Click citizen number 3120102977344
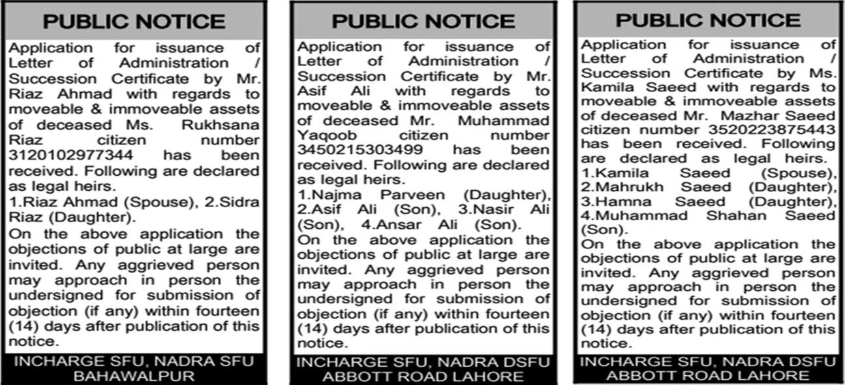[x=71, y=156]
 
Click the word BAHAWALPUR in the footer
[x=134, y=376]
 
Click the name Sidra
[x=241, y=203]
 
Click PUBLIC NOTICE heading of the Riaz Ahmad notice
[x=134, y=22]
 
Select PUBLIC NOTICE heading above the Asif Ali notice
[x=423, y=21]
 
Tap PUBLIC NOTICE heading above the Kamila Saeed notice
[x=707, y=20]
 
